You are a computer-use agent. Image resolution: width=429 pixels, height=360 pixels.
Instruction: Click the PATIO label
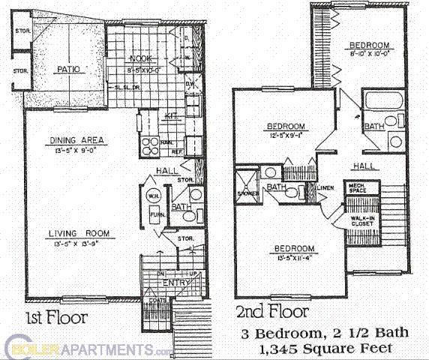click(x=68, y=70)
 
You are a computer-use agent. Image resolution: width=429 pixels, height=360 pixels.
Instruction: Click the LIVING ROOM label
click(x=77, y=233)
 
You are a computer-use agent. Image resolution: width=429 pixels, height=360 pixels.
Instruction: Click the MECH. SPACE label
click(x=355, y=187)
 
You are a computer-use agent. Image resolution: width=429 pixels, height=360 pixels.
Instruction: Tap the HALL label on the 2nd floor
click(x=365, y=166)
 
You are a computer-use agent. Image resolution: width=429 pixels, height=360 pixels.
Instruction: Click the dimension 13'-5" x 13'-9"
click(x=77, y=244)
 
